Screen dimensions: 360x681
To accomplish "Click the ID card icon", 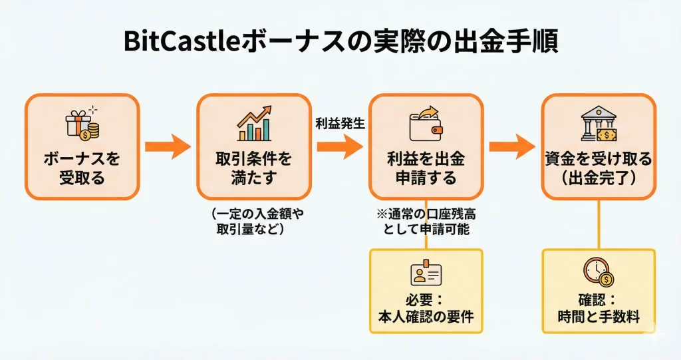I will [426, 274].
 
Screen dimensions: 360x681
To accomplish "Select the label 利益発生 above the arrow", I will [340, 123].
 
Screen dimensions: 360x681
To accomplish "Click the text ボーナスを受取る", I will [82, 169].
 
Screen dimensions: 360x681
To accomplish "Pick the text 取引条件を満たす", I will [254, 169].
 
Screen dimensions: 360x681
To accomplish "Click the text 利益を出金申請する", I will [426, 169].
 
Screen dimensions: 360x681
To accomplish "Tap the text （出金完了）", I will [599, 178].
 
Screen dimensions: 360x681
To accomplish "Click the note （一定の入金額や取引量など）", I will [253, 222].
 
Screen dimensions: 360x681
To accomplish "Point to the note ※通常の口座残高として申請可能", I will [426, 222].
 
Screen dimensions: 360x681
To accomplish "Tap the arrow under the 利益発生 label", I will [340, 146].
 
